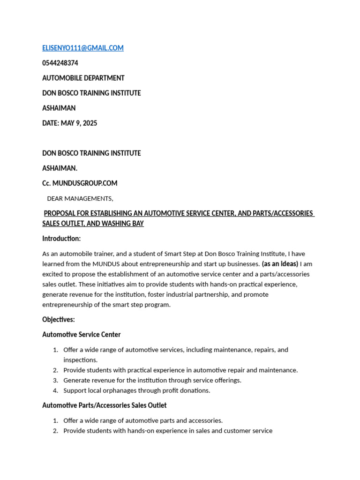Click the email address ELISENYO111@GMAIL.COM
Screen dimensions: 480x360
(83, 48)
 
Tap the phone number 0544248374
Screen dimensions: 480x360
(60, 63)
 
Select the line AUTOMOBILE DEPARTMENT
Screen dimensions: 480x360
(83, 78)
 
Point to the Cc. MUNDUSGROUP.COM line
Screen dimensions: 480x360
(80, 183)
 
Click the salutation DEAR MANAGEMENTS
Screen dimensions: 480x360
(80, 198)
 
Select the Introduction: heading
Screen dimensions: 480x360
(61, 239)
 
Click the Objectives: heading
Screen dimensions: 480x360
(59, 319)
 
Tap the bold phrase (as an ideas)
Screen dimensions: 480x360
(280, 264)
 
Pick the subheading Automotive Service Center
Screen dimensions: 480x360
(82, 334)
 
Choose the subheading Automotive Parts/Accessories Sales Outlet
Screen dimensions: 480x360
(105, 405)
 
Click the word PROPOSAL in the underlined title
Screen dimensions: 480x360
(61, 213)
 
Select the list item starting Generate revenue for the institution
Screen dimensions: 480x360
(152, 380)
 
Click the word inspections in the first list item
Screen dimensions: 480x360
(80, 360)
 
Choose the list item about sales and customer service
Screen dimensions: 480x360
(168, 431)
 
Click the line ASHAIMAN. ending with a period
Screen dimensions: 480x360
(60, 168)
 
